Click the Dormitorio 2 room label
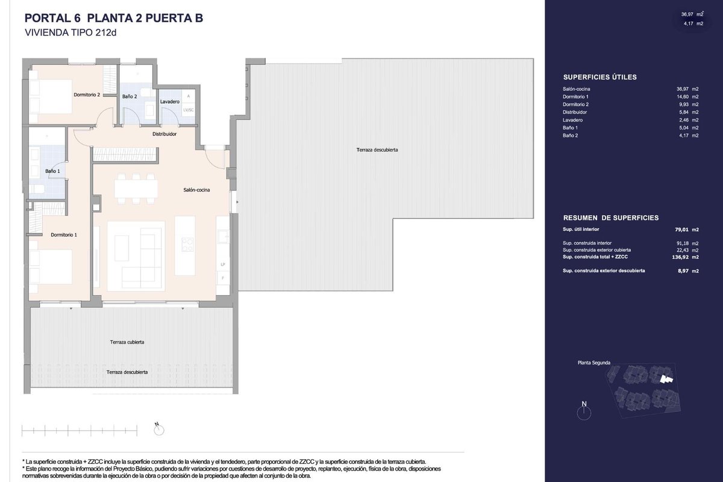pyautogui.click(x=87, y=95)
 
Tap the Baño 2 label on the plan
pyautogui.click(x=130, y=96)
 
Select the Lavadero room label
pyautogui.click(x=170, y=102)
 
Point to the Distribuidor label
pyautogui.click(x=164, y=134)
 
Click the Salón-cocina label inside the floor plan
pyautogui.click(x=196, y=190)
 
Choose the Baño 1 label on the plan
pyautogui.click(x=52, y=171)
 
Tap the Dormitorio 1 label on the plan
pyautogui.click(x=64, y=235)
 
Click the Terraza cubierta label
pyautogui.click(x=127, y=342)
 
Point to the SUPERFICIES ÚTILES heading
pyautogui.click(x=600, y=77)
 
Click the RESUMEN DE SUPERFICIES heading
pyautogui.click(x=611, y=218)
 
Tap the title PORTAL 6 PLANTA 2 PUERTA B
pyautogui.click(x=114, y=18)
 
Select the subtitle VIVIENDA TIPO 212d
pyautogui.click(x=70, y=33)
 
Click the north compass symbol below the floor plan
pyautogui.click(x=159, y=430)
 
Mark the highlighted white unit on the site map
pyautogui.click(x=666, y=380)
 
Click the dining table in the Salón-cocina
pyautogui.click(x=136, y=189)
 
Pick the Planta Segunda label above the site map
pyautogui.click(x=594, y=363)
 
